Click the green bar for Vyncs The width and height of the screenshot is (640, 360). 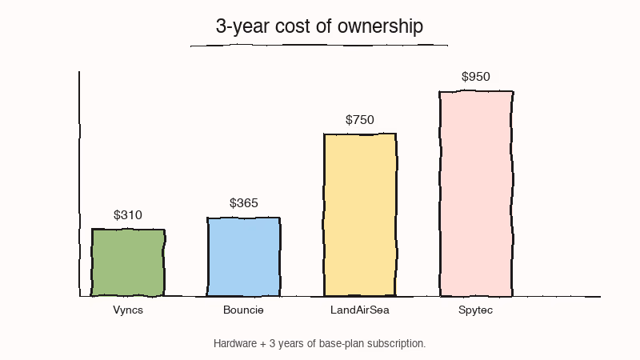coord(128,262)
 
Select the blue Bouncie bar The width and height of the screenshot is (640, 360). coord(243,256)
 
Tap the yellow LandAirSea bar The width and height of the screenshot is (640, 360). coord(360,214)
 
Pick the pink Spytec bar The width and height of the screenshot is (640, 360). coord(476,193)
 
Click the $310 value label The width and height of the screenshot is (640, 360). coord(128,215)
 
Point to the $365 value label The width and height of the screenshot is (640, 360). coord(244,203)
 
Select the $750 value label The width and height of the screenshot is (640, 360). coord(360,120)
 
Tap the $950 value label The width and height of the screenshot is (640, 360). coord(476,77)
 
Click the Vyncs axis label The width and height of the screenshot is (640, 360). coord(128,310)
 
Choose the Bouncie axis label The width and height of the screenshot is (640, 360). coord(243,310)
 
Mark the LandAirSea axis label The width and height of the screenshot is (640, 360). coord(360,310)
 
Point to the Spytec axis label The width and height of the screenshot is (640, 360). coord(476,310)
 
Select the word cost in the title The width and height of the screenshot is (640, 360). coord(292,26)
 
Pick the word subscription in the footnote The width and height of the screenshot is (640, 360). coord(398,343)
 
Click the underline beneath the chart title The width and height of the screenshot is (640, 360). coord(318,46)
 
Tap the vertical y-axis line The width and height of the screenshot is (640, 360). coord(79,184)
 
